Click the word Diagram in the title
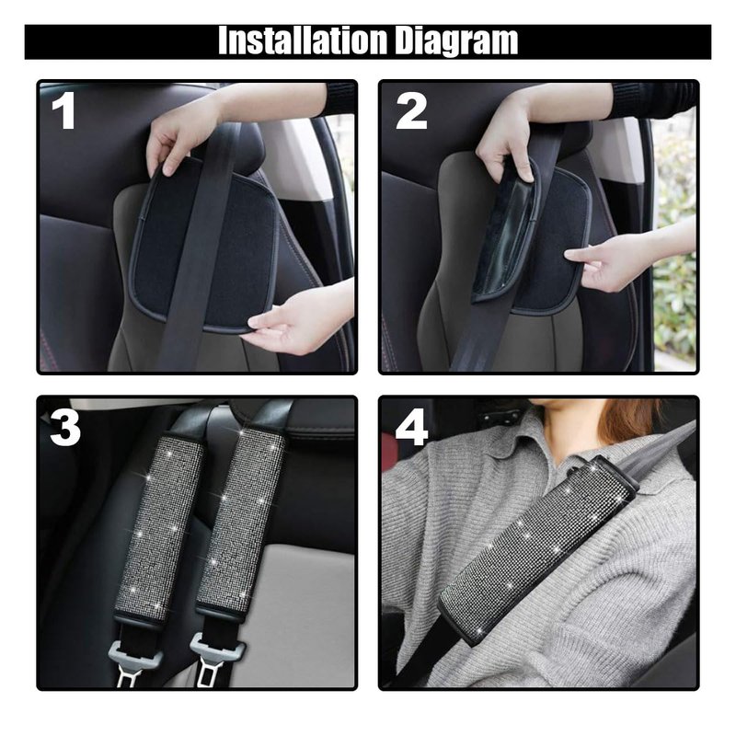[456, 41]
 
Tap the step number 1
[63, 110]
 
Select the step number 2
[411, 110]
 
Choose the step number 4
[411, 427]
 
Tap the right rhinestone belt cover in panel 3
[240, 523]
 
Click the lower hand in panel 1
[301, 319]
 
